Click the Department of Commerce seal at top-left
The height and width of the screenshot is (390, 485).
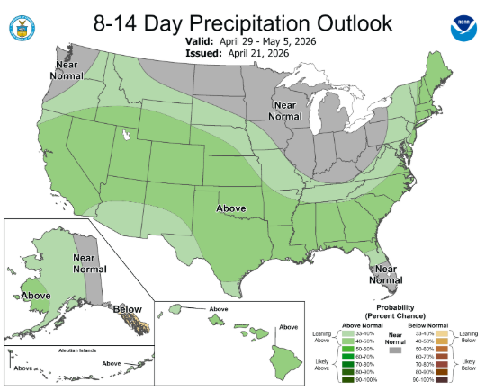(x=18, y=27)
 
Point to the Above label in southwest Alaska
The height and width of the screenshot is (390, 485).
(x=36, y=295)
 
